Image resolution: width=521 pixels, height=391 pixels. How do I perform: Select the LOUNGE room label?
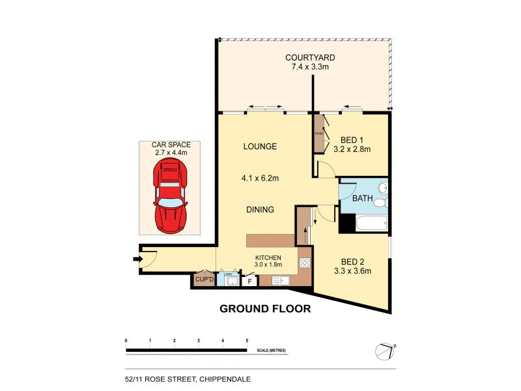pyautogui.click(x=260, y=147)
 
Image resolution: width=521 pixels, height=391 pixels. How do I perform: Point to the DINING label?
pyautogui.click(x=260, y=210)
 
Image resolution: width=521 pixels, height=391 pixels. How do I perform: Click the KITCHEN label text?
pyautogui.click(x=268, y=257)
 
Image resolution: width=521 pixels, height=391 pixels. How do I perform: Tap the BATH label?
pyautogui.click(x=362, y=198)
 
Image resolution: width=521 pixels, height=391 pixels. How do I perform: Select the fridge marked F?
pyautogui.click(x=249, y=282)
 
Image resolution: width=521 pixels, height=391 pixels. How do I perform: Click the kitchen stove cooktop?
pyautogui.click(x=304, y=263)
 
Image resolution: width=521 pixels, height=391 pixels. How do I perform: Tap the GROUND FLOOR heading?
pyautogui.click(x=265, y=308)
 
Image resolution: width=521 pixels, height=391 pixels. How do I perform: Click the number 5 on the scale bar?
pyautogui.click(x=247, y=341)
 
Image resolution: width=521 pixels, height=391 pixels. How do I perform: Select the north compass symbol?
pyautogui.click(x=386, y=351)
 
